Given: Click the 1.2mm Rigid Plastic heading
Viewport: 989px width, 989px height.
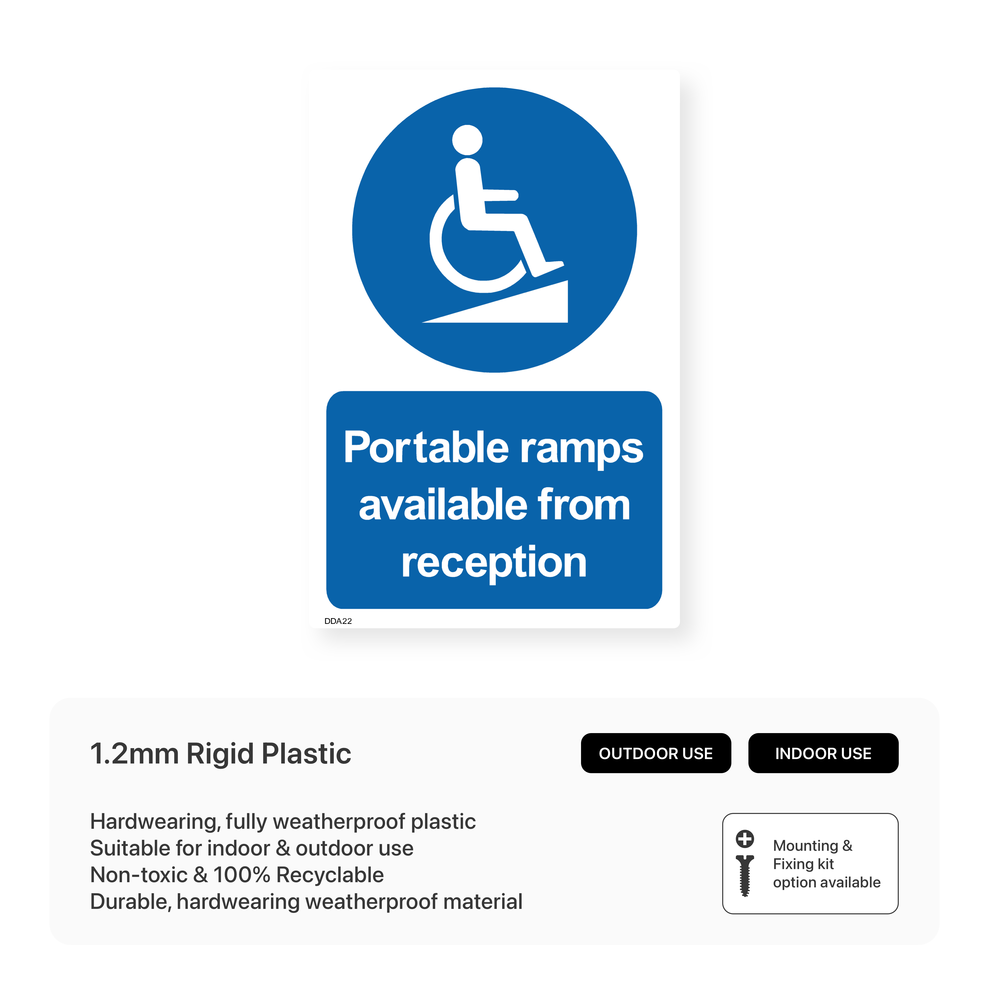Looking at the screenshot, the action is point(221,754).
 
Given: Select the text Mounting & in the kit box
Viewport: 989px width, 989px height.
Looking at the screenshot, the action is point(812,846).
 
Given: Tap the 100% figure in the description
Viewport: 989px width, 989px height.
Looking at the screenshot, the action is point(242,875).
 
